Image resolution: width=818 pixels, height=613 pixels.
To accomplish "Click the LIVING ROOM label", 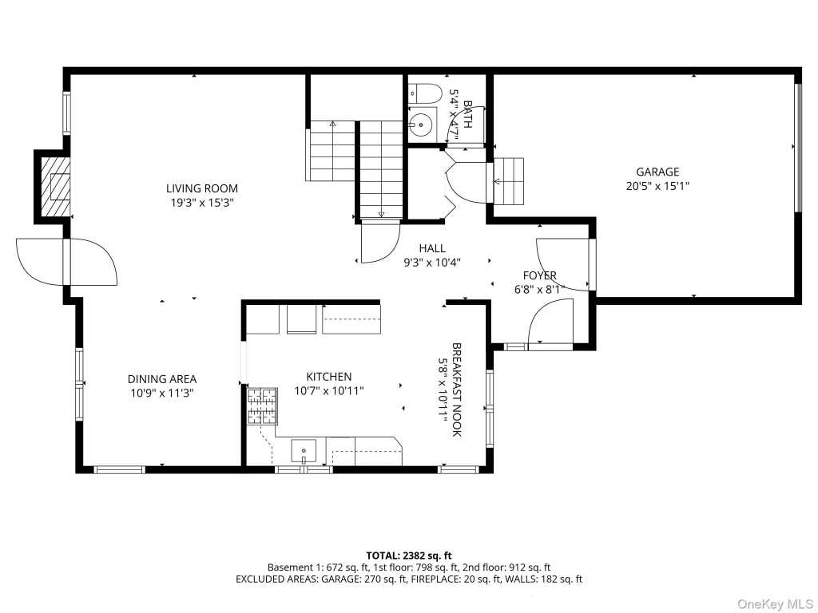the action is tap(202, 188).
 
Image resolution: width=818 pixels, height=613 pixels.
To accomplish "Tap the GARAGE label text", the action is tap(657, 172).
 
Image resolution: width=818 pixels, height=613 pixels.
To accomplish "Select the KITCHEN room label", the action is tap(328, 377).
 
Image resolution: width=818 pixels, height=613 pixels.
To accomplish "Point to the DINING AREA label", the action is tap(162, 379).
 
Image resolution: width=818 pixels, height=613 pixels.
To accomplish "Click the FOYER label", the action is tap(539, 275).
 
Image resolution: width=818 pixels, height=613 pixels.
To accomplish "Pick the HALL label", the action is tap(432, 249).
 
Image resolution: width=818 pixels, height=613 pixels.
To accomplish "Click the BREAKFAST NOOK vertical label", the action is tap(456, 390).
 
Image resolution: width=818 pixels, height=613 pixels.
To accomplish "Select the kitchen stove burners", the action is tap(262, 406).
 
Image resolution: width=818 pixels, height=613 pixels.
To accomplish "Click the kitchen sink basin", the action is tap(304, 452).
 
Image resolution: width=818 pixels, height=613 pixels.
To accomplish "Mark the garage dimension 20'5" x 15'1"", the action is tap(657, 185).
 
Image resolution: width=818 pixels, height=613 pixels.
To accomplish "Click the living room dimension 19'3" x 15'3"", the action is tap(202, 202).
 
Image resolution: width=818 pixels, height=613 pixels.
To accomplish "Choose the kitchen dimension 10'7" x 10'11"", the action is tap(328, 390).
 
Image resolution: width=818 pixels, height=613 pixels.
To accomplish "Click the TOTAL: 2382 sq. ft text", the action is tap(408, 556).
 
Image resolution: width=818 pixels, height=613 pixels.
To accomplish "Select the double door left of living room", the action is tap(67, 262).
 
